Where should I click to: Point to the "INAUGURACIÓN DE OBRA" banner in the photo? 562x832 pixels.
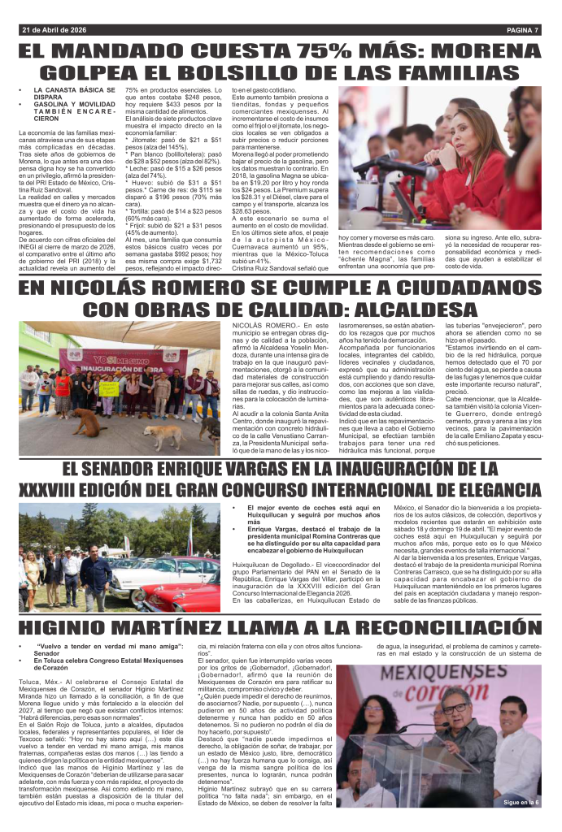pos(122,358)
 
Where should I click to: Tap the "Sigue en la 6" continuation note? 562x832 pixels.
pos(520,803)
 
